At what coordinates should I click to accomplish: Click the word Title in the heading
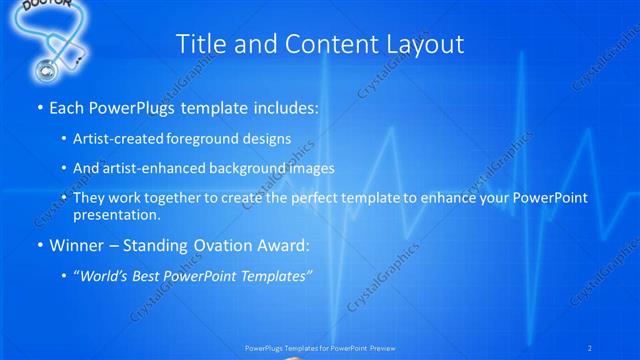[x=201, y=44]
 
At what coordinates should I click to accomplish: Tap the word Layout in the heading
[x=424, y=44]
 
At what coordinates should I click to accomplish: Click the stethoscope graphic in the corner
[x=49, y=55]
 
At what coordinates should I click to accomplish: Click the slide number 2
[x=590, y=347]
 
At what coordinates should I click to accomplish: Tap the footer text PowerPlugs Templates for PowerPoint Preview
[x=319, y=348]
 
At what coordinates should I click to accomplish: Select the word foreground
[x=214, y=139]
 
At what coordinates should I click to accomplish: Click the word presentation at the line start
[x=116, y=214]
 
